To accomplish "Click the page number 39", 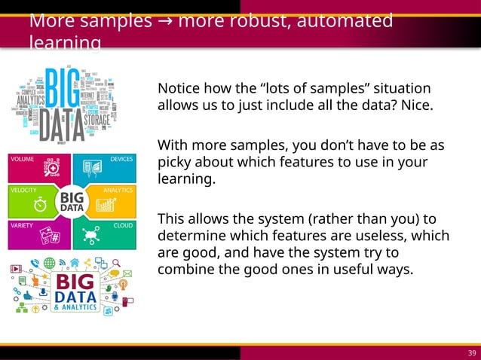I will (x=472, y=353).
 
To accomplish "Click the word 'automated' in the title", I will (x=345, y=21).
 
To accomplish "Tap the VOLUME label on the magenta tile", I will (x=23, y=160).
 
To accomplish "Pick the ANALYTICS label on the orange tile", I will (x=118, y=191).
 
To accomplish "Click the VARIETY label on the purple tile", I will (x=22, y=224).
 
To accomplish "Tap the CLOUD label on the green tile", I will (x=124, y=224).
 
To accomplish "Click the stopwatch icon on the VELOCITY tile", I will (x=41, y=205).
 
